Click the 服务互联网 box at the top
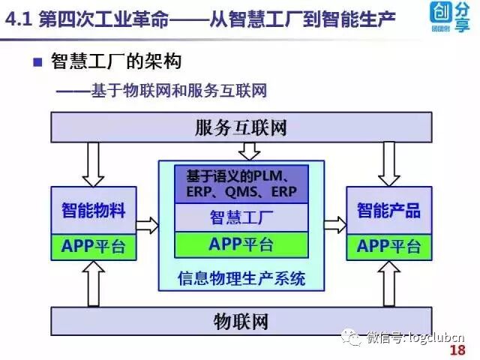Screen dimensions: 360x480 click(240, 127)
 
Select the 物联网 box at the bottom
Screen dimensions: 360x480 click(240, 322)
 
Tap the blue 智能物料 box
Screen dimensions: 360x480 click(94, 210)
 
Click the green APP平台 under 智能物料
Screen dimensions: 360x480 click(94, 246)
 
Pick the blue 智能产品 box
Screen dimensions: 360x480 click(388, 210)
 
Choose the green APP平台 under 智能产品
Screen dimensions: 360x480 click(388, 246)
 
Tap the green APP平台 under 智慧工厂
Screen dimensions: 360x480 click(241, 244)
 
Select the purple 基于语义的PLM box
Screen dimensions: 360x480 click(241, 184)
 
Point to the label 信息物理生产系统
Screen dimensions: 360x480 click(241, 278)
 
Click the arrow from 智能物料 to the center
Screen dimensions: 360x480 click(148, 224)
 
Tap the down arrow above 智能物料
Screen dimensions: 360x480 click(94, 163)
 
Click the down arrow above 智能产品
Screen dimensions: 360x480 click(388, 163)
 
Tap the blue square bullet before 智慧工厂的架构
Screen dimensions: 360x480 click(37, 61)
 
